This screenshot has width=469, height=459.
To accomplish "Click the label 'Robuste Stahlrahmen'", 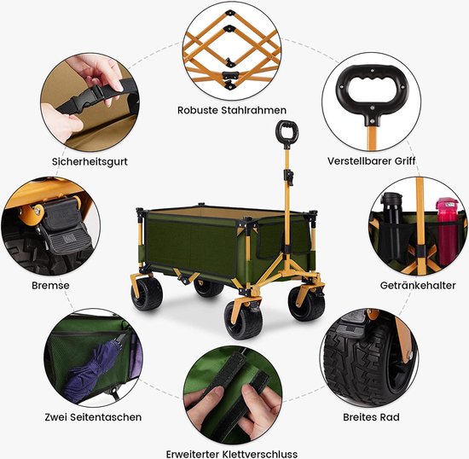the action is tap(232, 110).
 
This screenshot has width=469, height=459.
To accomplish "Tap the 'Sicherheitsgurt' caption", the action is tap(90, 161).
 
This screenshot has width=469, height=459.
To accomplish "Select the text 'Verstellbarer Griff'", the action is tap(372, 161).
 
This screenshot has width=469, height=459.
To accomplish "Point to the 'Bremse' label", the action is tap(50, 285).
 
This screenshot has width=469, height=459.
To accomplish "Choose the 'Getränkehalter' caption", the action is tap(418, 285).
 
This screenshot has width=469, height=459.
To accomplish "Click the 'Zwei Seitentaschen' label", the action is tap(93, 417).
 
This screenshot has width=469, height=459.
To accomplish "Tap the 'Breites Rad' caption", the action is tap(371, 417).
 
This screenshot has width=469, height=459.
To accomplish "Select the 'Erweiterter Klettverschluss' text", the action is tap(232, 454).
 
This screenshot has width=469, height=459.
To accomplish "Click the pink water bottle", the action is tap(447, 230).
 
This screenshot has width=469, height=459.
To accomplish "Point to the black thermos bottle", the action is tap(392, 228).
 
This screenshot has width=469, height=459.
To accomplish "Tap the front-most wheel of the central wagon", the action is tap(244, 320).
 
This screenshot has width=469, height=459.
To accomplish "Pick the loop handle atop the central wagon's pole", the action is tap(287, 132).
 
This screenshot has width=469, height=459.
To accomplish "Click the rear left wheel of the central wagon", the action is tap(147, 293).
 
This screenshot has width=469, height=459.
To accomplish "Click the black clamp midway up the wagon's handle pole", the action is tap(288, 177).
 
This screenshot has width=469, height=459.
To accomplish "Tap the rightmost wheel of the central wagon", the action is tap(306, 303).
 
